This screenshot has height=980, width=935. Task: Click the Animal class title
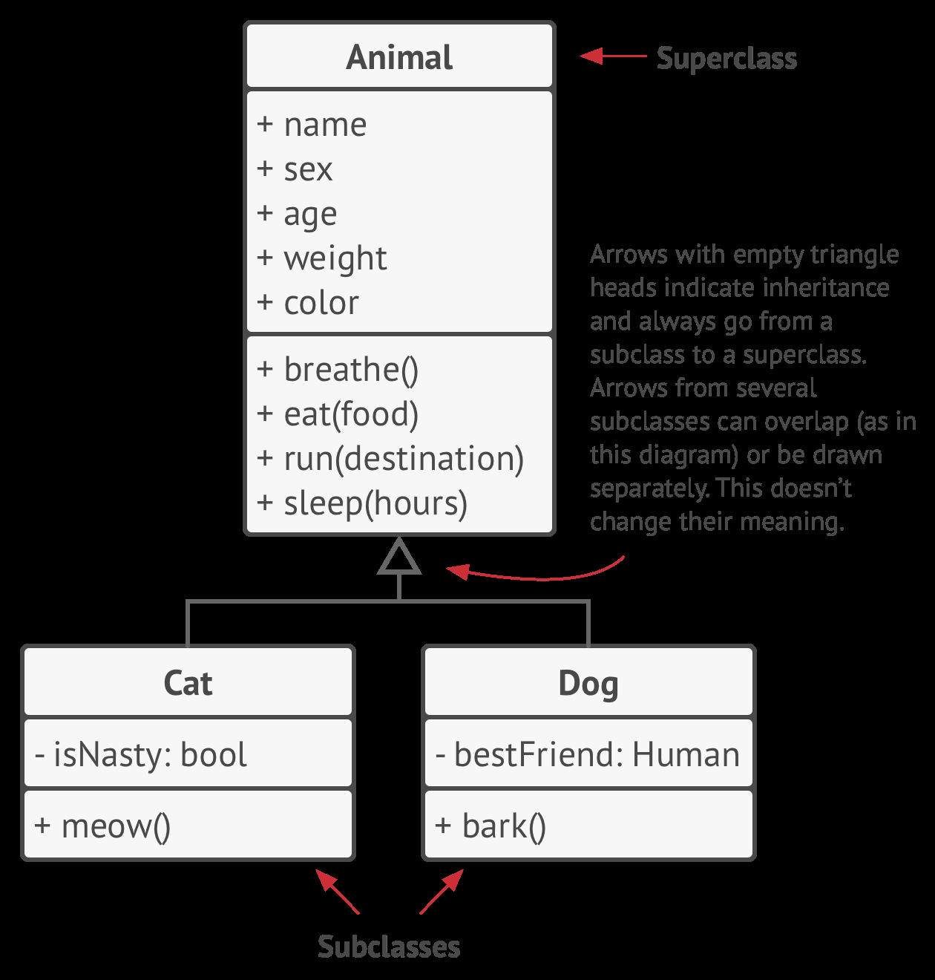click(399, 58)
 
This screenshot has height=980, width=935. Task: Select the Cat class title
click(188, 683)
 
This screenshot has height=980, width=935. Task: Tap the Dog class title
click(588, 683)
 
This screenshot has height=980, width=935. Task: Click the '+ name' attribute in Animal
click(312, 125)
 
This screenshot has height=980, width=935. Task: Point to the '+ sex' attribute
click(295, 169)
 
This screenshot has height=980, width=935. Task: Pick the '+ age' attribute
click(297, 214)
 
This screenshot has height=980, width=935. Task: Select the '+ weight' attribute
click(322, 258)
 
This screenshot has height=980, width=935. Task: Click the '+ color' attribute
click(308, 303)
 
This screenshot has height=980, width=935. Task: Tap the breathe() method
click(338, 370)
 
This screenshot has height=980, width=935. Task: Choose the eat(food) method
click(338, 414)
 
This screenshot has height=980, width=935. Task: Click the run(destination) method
click(390, 459)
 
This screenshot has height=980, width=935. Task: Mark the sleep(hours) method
click(362, 503)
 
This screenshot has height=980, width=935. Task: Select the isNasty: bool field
click(141, 754)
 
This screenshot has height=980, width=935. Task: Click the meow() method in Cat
click(102, 826)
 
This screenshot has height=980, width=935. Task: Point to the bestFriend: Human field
click(588, 754)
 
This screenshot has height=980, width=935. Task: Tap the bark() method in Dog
click(491, 826)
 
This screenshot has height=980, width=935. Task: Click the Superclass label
click(726, 58)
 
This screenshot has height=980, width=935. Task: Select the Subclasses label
click(389, 947)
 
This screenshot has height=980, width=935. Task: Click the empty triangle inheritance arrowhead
click(399, 559)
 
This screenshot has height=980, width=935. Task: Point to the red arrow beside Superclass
click(613, 56)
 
